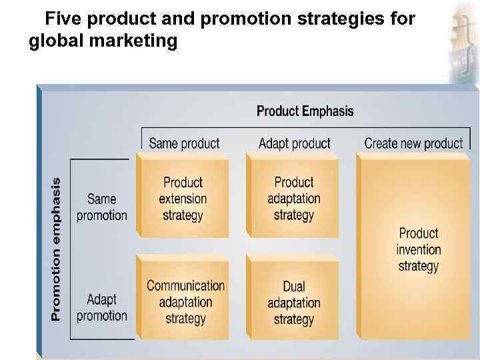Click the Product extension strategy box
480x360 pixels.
[183, 199]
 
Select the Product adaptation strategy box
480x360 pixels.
[293, 199]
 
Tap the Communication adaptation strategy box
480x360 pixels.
[185, 302]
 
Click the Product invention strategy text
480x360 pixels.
[418, 250]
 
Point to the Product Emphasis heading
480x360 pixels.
[305, 111]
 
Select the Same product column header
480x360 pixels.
[184, 143]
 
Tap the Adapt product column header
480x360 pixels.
[294, 143]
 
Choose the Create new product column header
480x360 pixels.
[413, 143]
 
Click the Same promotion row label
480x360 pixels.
[101, 207]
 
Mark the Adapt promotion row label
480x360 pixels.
[101, 307]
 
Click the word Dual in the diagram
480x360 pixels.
[293, 287]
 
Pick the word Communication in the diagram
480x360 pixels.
[185, 285]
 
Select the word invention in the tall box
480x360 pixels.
[418, 250]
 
